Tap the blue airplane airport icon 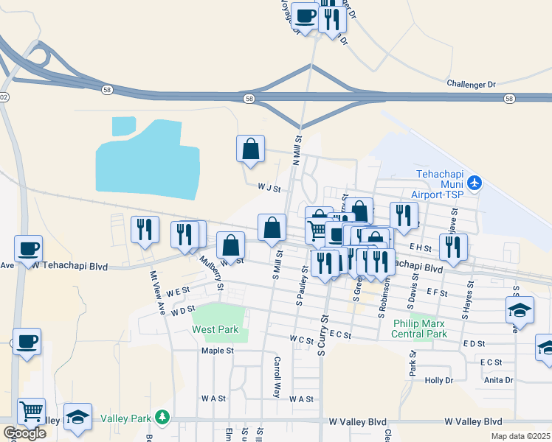click(x=475, y=182)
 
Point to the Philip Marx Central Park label click(x=420, y=328)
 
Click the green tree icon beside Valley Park click(x=162, y=418)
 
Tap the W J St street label click(x=269, y=189)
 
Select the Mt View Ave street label click(x=157, y=293)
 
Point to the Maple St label click(x=217, y=351)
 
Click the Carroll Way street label click(x=277, y=377)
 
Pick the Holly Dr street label click(x=438, y=380)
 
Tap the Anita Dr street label click(x=498, y=380)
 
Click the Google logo click(x=24, y=433)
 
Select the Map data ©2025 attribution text click(x=521, y=436)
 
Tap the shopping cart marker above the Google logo click(x=31, y=410)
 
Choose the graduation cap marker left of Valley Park click(x=77, y=415)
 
